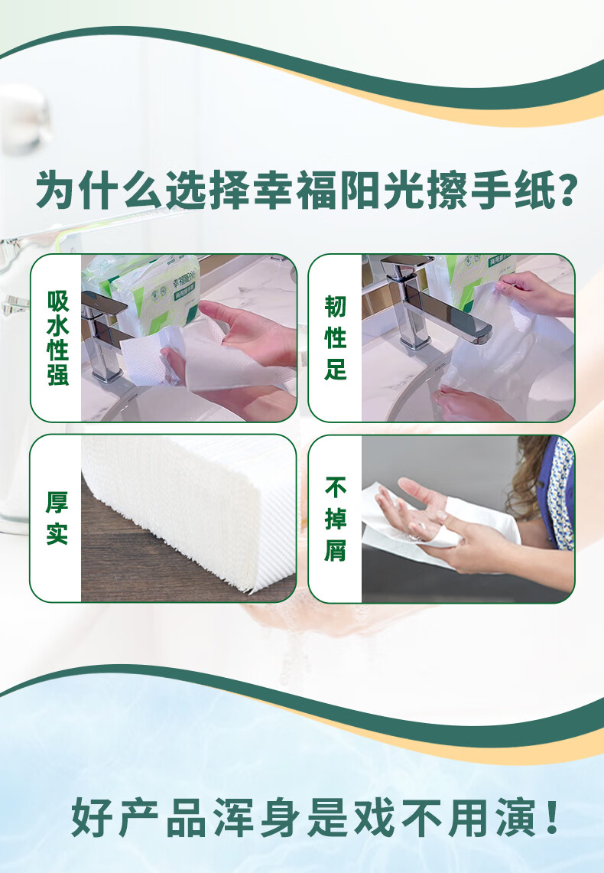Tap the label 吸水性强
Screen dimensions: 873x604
click(58, 338)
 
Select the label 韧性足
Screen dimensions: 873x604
click(336, 338)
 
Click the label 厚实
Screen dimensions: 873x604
click(57, 518)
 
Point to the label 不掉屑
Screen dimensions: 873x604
click(336, 519)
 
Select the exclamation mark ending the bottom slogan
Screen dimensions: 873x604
click(553, 817)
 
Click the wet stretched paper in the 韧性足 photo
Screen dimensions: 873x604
click(505, 360)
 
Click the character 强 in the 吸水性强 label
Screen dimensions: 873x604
click(58, 375)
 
